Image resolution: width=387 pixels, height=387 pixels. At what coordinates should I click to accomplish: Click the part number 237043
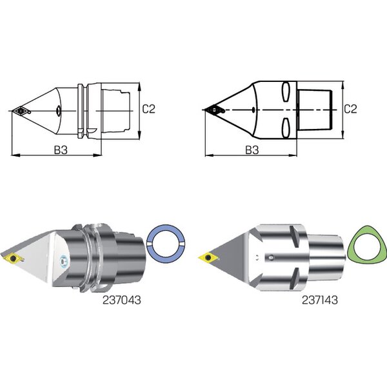[x=121, y=300]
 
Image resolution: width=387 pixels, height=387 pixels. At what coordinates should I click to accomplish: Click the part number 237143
[x=320, y=300]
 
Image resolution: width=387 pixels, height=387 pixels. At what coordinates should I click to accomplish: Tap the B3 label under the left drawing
[x=61, y=150]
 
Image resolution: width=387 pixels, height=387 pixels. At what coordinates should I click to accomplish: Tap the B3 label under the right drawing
[x=252, y=150]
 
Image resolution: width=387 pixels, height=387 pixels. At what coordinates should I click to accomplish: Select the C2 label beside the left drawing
[x=148, y=109]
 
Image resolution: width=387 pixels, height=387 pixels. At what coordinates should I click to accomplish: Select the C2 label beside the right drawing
[x=350, y=109]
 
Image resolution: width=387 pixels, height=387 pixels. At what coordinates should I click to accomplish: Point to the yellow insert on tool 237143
[x=208, y=257]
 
